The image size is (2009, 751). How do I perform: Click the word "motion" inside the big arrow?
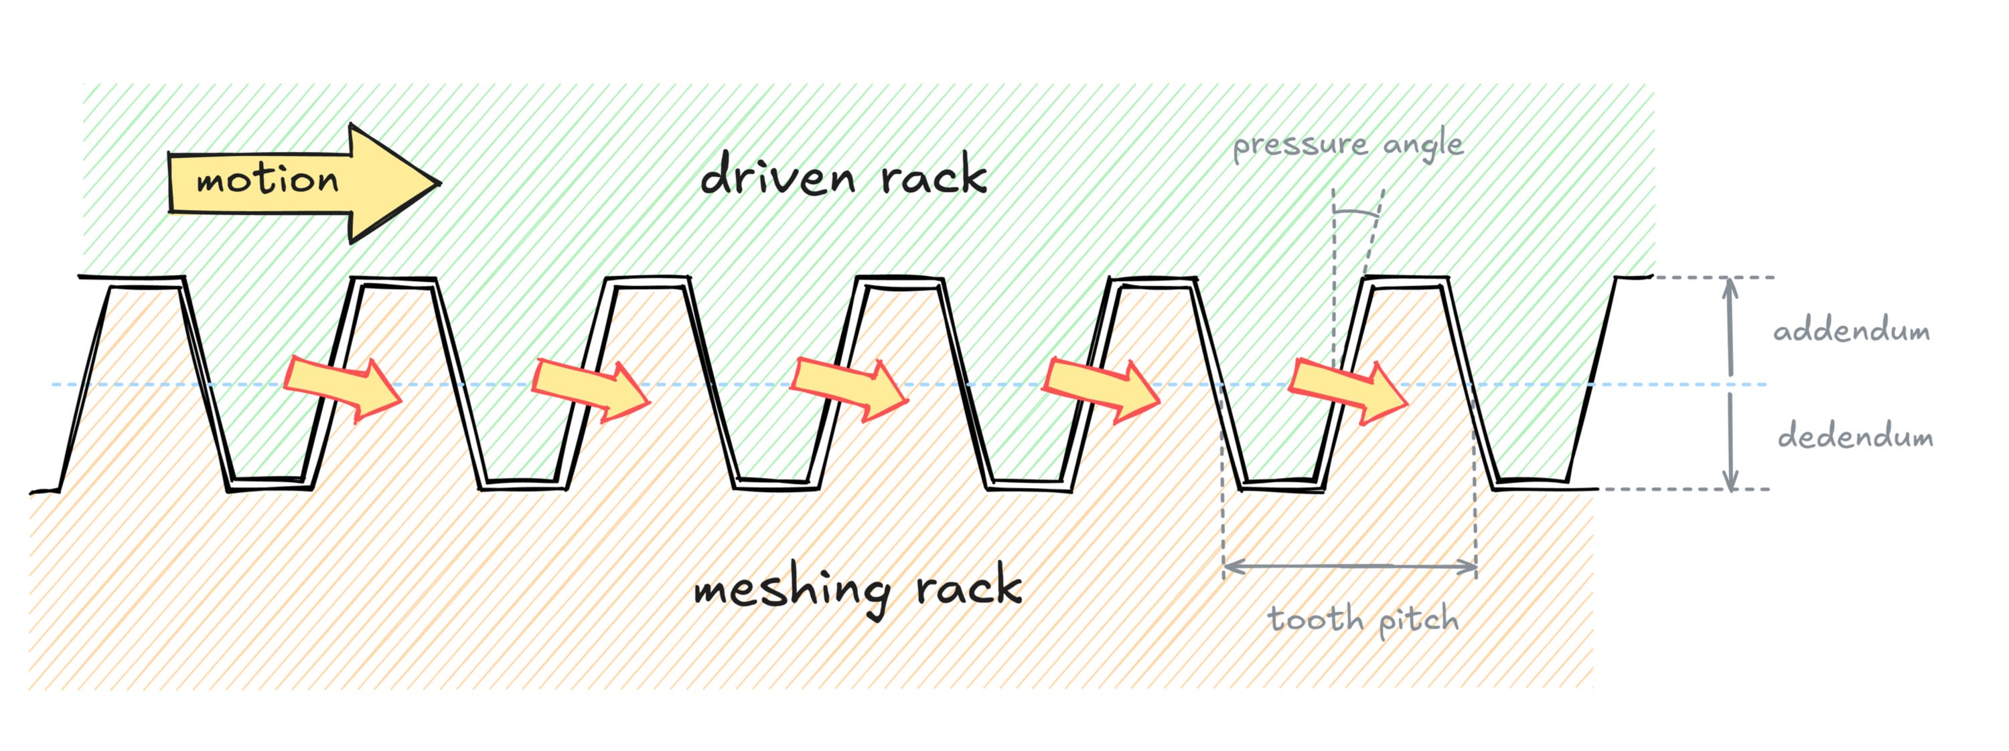point(267,181)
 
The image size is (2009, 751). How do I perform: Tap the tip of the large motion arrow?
point(441,184)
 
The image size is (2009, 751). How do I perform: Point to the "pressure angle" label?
point(1347,145)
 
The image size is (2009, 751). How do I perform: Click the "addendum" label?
point(1852,331)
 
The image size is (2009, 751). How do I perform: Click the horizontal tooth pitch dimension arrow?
point(1349,566)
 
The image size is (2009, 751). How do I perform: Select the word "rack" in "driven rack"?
point(934,176)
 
